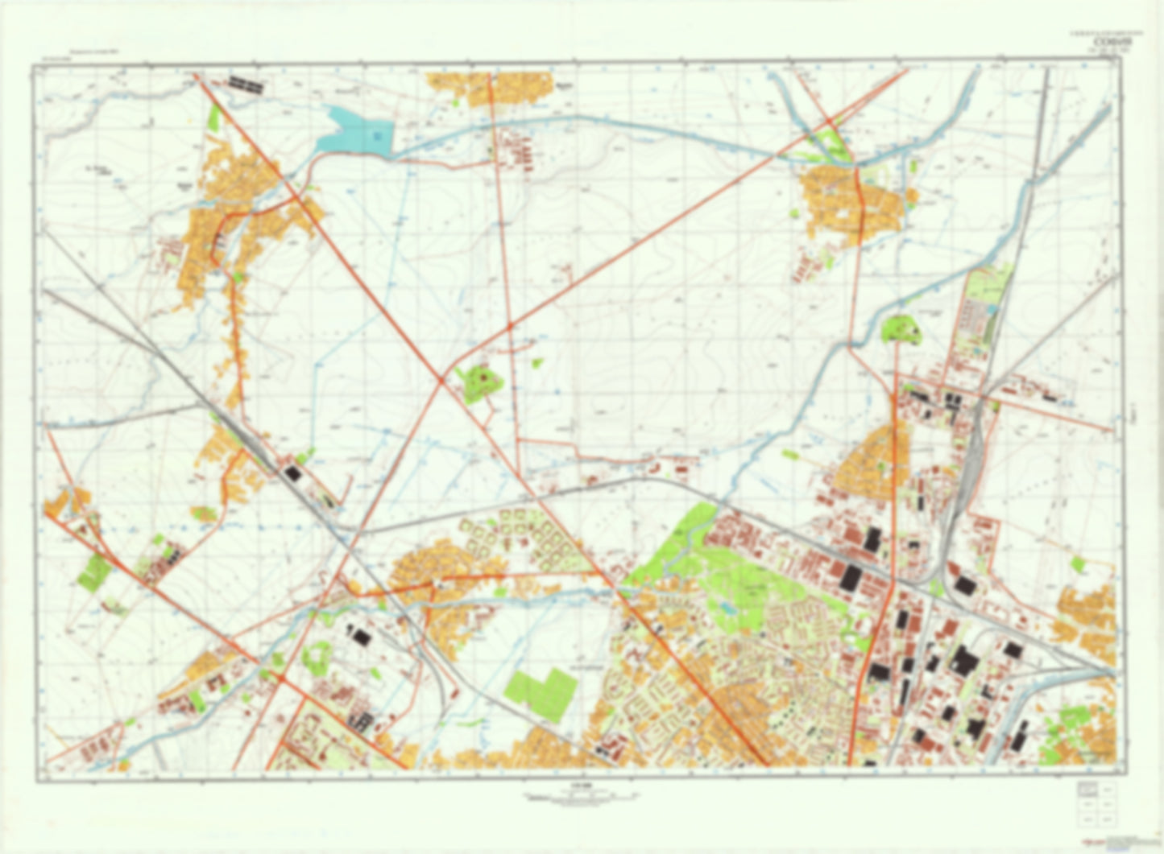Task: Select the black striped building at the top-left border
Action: pyautogui.click(x=246, y=82)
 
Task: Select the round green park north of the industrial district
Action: pyautogui.click(x=901, y=330)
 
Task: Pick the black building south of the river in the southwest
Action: pyautogui.click(x=362, y=637)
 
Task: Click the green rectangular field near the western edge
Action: pyautogui.click(x=94, y=571)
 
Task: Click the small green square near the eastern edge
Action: pyautogui.click(x=1078, y=566)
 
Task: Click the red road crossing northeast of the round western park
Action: pyautogui.click(x=510, y=326)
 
